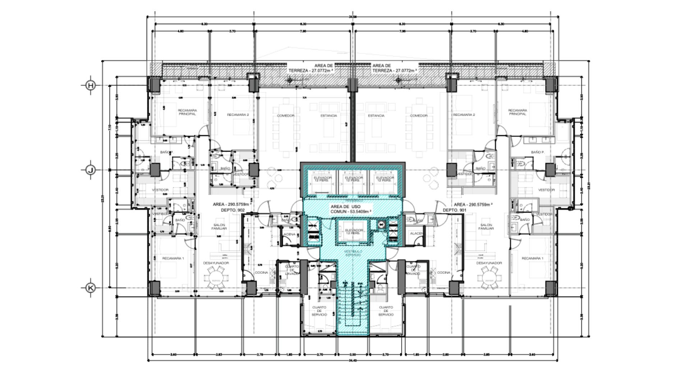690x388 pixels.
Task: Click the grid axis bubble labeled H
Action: click(91, 86)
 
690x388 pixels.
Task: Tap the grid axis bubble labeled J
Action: click(91, 170)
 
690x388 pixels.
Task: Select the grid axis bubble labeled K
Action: click(91, 288)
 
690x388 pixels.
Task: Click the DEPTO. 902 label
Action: click(233, 210)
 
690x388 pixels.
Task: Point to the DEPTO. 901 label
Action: click(455, 210)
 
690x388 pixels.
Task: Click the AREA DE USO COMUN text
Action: click(350, 209)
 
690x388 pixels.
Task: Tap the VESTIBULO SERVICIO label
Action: click(353, 253)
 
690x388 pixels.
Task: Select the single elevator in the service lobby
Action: click(354, 231)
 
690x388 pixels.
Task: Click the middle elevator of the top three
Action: click(354, 179)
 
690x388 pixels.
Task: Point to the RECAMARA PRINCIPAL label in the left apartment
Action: click(187, 112)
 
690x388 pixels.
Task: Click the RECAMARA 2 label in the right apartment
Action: click(464, 115)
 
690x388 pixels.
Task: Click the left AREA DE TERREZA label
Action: click(311, 68)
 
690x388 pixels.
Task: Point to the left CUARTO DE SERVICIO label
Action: click(319, 311)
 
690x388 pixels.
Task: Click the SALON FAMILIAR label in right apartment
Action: click(486, 226)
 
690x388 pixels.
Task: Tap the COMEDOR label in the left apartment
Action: click(286, 116)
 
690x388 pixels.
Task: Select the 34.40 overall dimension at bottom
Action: click(353, 360)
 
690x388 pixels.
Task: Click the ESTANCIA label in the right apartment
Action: click(376, 116)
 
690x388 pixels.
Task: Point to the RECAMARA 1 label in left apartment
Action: click(173, 258)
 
